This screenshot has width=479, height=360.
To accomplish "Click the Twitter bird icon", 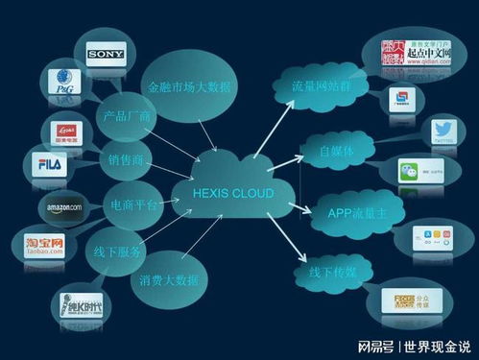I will click(416, 132).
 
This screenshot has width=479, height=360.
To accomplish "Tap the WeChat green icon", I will click(411, 174).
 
